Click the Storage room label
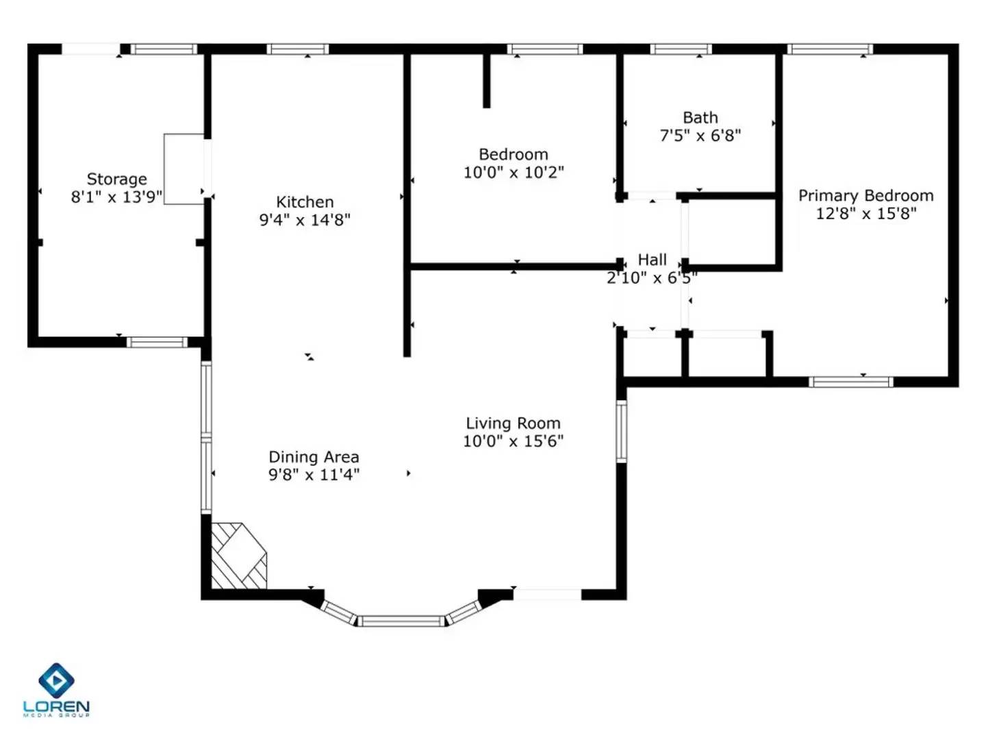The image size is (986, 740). point(116,179)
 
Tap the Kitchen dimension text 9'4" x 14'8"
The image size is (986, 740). point(305,220)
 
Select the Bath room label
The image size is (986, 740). point(700,118)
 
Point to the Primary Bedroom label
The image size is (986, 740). point(865,196)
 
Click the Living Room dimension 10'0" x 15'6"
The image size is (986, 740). point(513,441)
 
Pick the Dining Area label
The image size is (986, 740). point(314,457)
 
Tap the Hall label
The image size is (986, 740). point(652,260)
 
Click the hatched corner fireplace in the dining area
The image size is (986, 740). point(237,556)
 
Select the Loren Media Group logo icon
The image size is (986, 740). point(56,680)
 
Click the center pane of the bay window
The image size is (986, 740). point(402,621)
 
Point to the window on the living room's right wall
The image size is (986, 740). point(621,432)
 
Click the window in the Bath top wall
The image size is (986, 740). point(681,49)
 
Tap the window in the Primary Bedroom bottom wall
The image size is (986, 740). point(850,382)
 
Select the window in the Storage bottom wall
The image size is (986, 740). point(157,342)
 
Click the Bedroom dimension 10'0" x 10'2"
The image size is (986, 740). point(513,173)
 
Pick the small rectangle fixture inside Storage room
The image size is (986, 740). point(184,169)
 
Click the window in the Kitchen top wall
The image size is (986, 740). point(297,49)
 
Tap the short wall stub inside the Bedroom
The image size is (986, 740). point(486,80)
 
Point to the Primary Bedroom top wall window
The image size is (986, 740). point(829,49)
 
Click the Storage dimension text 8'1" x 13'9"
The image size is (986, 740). point(116,197)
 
